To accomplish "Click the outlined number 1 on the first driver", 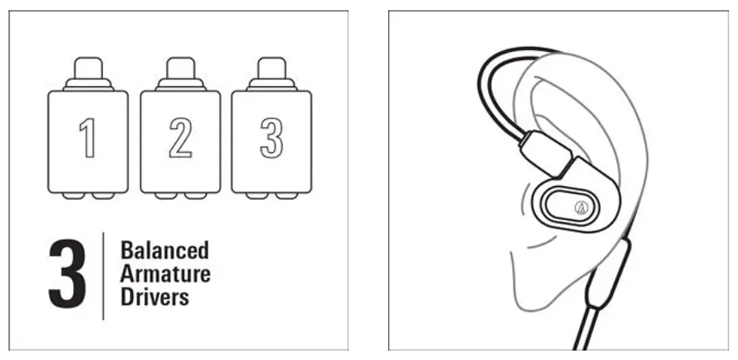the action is click(88, 138).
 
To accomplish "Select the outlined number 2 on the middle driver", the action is click(180, 138).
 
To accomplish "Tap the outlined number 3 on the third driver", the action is click(271, 138).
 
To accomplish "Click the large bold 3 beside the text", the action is click(68, 275).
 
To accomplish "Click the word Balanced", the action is click(165, 250).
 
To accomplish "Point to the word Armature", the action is click(165, 274).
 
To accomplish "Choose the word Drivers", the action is click(155, 298).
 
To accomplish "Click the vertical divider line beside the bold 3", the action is click(103, 275).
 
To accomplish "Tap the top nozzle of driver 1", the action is click(88, 68).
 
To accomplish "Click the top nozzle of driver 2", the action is click(180, 68).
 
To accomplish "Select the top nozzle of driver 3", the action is click(272, 68).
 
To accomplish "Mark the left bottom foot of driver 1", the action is click(74, 195).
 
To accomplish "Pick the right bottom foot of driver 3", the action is click(287, 195).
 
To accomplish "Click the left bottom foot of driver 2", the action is click(166, 195).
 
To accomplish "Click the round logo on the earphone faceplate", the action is click(581, 208).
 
